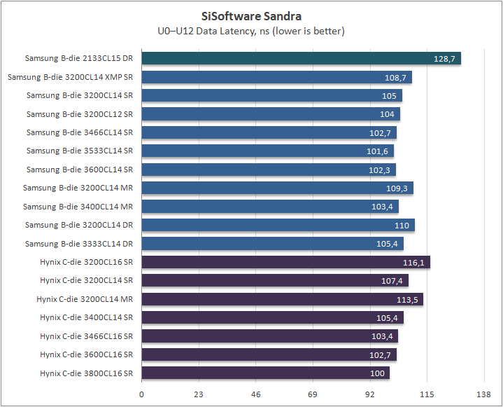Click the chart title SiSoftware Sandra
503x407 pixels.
click(251, 16)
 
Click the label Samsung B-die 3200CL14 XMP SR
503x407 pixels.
click(70, 77)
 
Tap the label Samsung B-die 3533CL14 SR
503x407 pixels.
click(79, 151)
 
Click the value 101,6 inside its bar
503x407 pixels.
click(377, 151)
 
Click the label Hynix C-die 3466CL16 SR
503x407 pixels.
click(86, 336)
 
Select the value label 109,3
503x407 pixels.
click(396, 188)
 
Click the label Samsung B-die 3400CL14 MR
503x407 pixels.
click(78, 207)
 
